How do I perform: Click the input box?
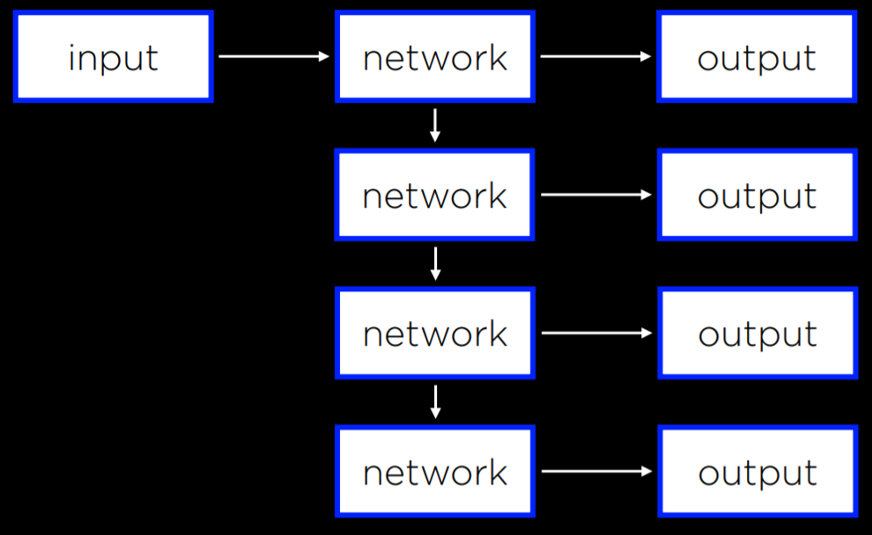(x=113, y=56)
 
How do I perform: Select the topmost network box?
(x=434, y=56)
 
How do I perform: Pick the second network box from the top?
(x=434, y=194)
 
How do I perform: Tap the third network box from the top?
(x=434, y=333)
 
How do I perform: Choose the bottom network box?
(x=434, y=472)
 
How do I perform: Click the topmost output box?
(x=757, y=56)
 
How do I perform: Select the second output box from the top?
(x=757, y=194)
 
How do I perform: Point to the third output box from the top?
(x=757, y=333)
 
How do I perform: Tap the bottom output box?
(x=757, y=472)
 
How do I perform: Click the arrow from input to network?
(x=273, y=56)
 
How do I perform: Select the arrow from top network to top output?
(x=595, y=56)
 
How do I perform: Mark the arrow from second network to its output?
(x=595, y=194)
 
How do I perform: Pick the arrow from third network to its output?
(x=595, y=333)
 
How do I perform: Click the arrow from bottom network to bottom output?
(x=595, y=472)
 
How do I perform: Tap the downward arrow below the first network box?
(x=434, y=126)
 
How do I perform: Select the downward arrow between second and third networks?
(x=434, y=264)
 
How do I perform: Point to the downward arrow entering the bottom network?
(x=434, y=402)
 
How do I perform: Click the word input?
(x=113, y=58)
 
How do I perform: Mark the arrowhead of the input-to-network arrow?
(x=323, y=56)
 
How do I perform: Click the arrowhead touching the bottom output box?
(x=647, y=472)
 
